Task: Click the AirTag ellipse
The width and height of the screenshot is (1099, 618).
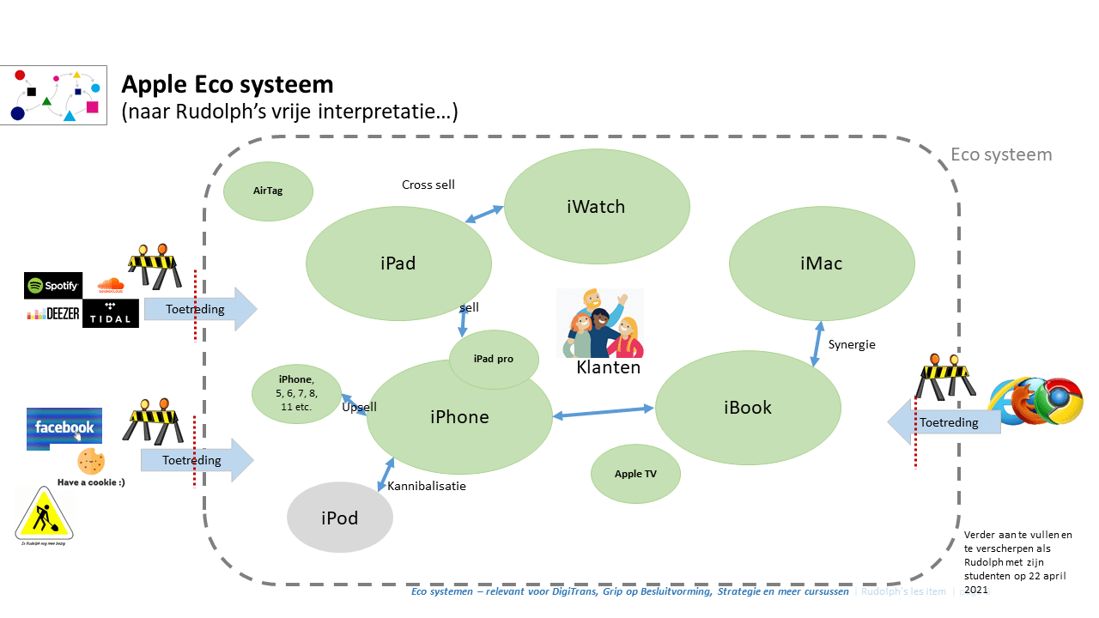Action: click(x=268, y=190)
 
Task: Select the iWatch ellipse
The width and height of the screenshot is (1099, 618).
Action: click(x=597, y=207)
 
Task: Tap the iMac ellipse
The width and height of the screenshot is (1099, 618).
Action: click(x=822, y=264)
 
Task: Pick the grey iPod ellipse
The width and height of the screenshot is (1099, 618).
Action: click(x=340, y=518)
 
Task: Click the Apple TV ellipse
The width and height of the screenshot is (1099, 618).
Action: click(x=636, y=474)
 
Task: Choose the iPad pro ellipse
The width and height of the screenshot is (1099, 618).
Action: click(x=494, y=359)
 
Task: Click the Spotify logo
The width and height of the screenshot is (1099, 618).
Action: click(x=53, y=285)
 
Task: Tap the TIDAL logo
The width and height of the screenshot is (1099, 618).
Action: click(x=111, y=313)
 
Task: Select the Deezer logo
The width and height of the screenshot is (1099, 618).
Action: click(x=53, y=313)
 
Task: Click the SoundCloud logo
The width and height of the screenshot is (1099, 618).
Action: click(x=111, y=285)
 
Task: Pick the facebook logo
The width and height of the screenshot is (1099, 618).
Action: click(x=64, y=427)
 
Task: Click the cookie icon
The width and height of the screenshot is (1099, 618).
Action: click(x=91, y=462)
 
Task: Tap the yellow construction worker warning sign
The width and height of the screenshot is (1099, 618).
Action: click(x=44, y=514)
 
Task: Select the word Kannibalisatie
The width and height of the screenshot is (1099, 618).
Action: click(x=427, y=487)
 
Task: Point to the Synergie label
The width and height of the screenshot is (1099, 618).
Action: click(x=852, y=345)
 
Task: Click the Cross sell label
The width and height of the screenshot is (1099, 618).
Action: click(x=428, y=185)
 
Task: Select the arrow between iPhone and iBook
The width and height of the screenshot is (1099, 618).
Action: click(x=604, y=413)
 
